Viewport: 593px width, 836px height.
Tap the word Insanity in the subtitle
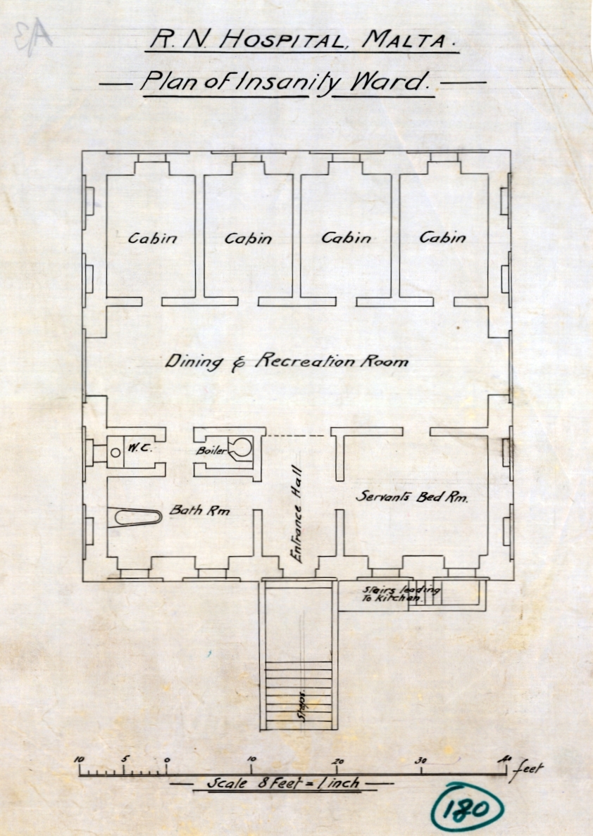[288, 82]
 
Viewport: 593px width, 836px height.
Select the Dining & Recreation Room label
[287, 362]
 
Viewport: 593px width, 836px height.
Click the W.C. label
[139, 448]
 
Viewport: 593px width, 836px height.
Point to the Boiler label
[211, 450]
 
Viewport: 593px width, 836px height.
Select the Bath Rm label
[199, 510]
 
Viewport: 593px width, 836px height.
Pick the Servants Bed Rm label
[412, 497]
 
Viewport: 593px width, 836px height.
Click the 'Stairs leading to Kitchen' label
[401, 593]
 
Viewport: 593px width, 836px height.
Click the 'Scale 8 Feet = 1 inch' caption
[283, 783]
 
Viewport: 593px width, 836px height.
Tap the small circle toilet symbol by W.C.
[116, 452]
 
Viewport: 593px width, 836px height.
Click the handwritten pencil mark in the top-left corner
[33, 37]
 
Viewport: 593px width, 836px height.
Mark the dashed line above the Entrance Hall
[295, 436]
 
